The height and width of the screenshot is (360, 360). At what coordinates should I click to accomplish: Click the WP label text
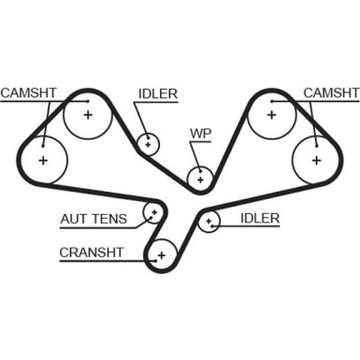coord(201,133)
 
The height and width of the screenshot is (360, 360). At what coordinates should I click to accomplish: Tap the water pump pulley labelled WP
coord(200,176)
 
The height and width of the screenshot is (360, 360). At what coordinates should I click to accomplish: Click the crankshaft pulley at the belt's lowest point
coord(162,253)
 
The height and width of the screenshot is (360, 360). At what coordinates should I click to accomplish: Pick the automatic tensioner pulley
coord(151,213)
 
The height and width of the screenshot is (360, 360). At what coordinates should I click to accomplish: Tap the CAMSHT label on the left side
coord(27,93)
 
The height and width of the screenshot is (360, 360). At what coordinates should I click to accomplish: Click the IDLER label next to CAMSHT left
coord(157,93)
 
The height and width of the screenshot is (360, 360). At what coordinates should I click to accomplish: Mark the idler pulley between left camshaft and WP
coord(148,144)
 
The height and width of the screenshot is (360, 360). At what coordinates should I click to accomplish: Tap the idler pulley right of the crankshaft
coord(209,222)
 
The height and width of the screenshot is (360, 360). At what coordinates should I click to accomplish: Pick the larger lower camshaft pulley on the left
coord(42,160)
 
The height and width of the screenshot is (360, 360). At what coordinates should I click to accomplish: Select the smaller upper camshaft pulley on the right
coord(270,115)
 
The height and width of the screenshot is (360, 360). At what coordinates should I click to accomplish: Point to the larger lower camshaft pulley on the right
coord(316,160)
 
